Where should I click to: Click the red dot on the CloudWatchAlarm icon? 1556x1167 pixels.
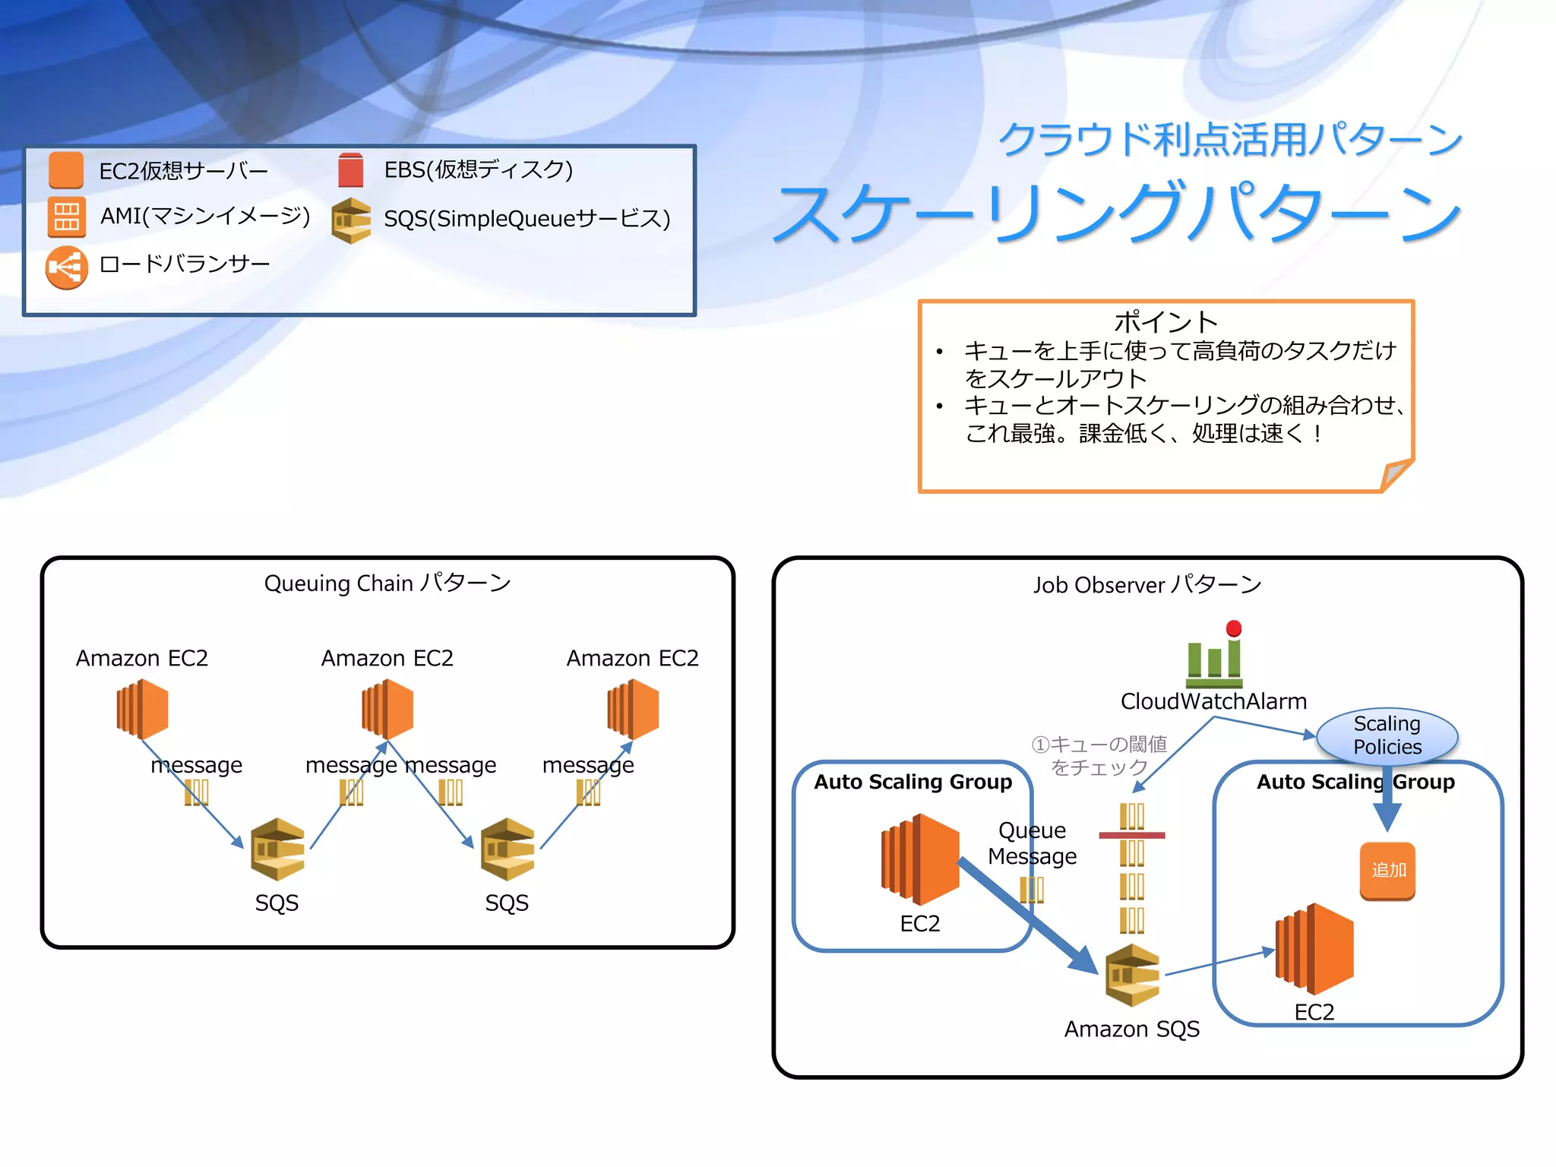(1234, 628)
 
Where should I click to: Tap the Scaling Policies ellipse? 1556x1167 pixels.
(1387, 735)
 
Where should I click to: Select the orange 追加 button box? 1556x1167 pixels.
(1387, 871)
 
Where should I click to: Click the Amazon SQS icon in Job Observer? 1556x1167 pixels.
(1132, 976)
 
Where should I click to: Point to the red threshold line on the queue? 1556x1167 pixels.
(1131, 835)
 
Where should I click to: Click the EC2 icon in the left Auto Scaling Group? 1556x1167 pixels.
(920, 859)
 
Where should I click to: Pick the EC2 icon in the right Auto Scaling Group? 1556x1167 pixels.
(1314, 949)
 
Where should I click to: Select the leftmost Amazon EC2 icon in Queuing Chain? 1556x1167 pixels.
(142, 709)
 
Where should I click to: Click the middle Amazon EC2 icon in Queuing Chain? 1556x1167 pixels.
(387, 709)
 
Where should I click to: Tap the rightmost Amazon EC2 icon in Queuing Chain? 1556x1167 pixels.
(633, 709)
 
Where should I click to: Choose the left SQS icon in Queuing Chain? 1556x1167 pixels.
(277, 849)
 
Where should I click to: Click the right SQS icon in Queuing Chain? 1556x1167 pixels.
(508, 849)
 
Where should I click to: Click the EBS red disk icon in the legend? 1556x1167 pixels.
(350, 170)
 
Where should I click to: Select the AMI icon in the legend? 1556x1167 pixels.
(66, 217)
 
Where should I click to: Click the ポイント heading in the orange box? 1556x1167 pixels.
(1165, 322)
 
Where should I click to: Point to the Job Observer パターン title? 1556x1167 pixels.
(1147, 585)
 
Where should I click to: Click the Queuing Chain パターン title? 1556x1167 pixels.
(387, 583)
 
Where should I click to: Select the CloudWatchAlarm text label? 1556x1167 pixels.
(1213, 701)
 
